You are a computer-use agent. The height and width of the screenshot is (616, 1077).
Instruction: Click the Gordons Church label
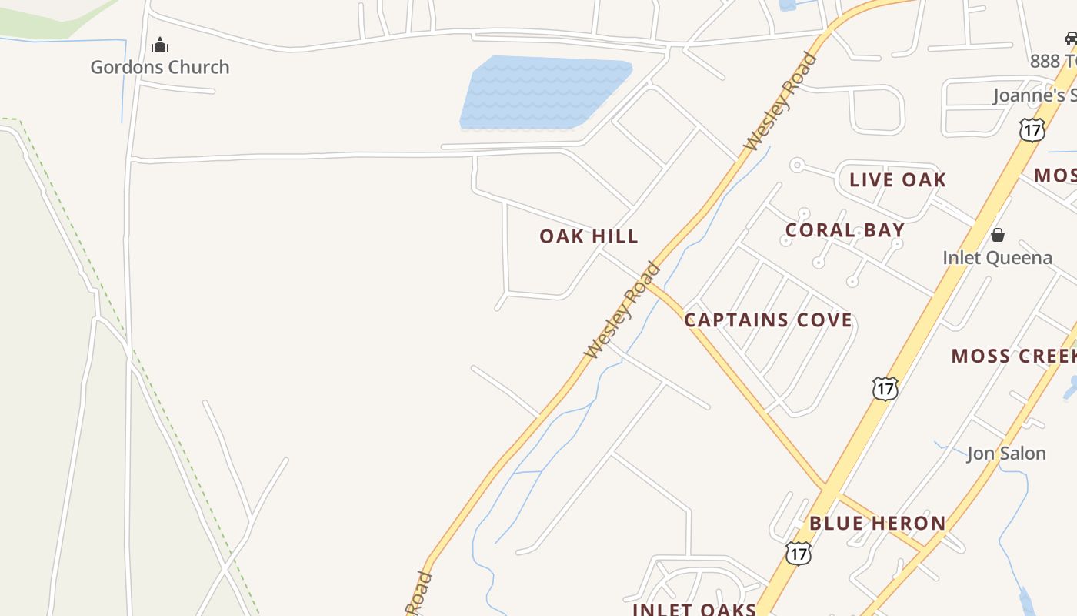click(x=160, y=67)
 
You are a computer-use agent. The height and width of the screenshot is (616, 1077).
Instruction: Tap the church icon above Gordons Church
click(x=160, y=45)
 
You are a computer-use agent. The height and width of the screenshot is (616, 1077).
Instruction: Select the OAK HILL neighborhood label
click(x=589, y=236)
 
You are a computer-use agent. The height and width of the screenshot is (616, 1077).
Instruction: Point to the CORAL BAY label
click(x=845, y=230)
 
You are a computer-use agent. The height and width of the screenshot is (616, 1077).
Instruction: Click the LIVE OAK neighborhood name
click(x=897, y=180)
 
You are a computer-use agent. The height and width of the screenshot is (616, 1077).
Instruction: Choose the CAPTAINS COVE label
click(x=768, y=320)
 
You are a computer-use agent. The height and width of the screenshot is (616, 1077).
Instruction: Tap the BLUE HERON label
click(x=877, y=524)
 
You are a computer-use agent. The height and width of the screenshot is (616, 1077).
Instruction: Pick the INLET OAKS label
click(x=694, y=608)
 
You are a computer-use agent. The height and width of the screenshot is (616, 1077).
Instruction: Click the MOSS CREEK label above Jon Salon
click(x=1013, y=356)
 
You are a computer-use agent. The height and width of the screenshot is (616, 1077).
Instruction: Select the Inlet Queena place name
click(x=997, y=257)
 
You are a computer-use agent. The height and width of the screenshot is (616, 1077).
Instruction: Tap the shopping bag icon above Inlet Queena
click(x=998, y=235)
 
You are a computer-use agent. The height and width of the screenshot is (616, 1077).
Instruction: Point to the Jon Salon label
click(x=1005, y=453)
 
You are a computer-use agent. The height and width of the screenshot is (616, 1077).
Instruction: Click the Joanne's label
click(x=1034, y=95)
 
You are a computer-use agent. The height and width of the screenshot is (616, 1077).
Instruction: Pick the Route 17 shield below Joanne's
click(x=1032, y=129)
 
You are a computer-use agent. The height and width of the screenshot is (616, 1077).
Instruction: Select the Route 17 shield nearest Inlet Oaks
click(x=799, y=552)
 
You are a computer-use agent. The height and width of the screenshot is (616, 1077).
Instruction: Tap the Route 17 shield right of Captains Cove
click(x=885, y=388)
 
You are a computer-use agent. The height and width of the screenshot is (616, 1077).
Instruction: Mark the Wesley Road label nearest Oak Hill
click(x=622, y=310)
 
